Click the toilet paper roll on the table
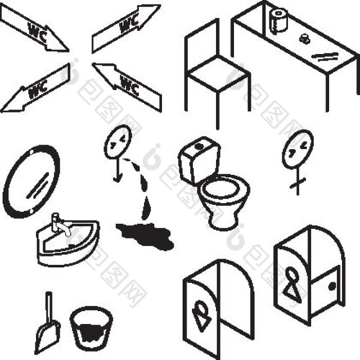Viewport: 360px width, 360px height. [278, 21]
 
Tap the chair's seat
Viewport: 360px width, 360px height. [219, 73]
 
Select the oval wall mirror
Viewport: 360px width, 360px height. [31, 182]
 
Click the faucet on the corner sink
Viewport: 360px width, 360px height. [61, 224]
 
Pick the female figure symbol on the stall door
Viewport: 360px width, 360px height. [292, 284]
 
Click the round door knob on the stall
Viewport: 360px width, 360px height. [332, 286]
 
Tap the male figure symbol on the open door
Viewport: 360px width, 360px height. [201, 316]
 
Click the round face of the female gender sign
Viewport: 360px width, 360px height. [298, 149]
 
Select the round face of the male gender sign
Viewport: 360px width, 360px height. [118, 142]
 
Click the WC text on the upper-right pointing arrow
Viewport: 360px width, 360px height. [129, 24]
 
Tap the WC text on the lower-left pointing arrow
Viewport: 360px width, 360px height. [38, 89]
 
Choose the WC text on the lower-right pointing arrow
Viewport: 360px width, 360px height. [129, 85]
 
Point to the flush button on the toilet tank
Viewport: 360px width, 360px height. [199, 146]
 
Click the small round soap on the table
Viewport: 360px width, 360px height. [304, 39]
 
